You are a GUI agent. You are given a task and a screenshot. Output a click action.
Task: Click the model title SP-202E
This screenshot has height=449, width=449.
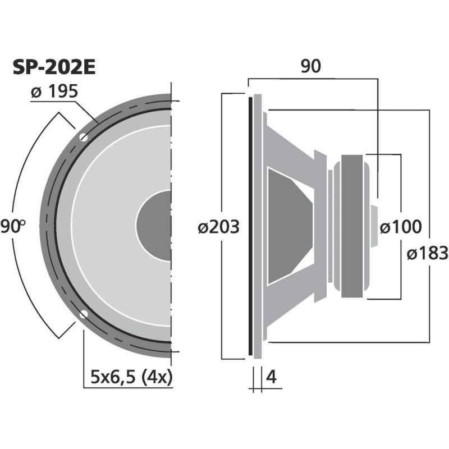coord(54,67)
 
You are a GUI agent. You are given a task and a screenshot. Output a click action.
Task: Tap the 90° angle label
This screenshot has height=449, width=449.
coord(13,227)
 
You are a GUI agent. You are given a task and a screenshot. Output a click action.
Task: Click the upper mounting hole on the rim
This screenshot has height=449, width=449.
coord(84,137)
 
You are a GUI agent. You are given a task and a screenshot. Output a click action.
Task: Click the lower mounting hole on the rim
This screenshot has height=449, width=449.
coord(84,314)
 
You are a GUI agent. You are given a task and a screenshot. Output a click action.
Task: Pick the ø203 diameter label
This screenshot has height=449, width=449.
coord(219,227)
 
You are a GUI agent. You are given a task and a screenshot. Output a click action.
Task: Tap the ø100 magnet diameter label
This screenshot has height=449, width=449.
coord(400,227)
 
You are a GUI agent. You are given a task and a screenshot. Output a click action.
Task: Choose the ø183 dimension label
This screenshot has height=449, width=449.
coord(426,254)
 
